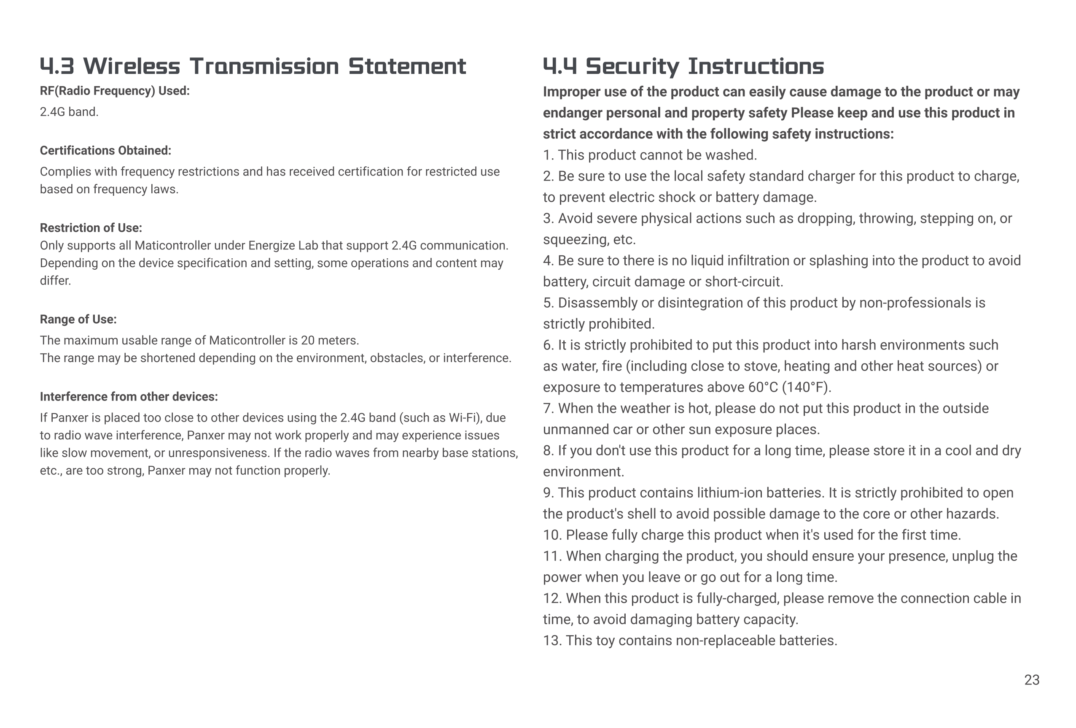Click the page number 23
coord(1032,680)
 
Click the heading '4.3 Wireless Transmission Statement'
coord(253,66)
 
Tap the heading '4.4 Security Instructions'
coord(683,66)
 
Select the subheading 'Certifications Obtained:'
coord(105,151)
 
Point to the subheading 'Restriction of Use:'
coord(91,228)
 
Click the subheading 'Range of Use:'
coord(78,319)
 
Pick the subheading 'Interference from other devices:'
coord(129,397)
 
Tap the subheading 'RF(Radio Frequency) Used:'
coord(115,91)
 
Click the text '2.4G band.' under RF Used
coord(69,112)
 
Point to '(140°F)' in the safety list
coord(807,387)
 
